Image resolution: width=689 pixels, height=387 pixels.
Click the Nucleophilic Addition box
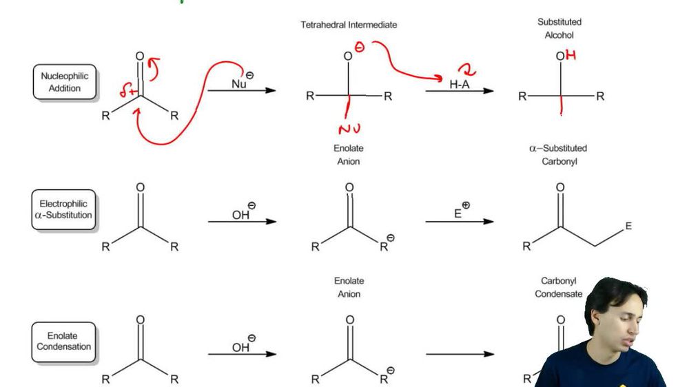tap(65, 83)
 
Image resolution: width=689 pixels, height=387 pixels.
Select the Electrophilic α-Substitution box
tap(65, 209)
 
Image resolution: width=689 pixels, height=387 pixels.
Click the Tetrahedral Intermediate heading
tap(349, 25)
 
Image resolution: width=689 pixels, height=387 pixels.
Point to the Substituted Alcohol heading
tap(559, 28)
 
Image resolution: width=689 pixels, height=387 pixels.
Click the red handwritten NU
tap(349, 129)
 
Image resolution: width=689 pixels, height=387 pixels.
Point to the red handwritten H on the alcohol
tap(570, 56)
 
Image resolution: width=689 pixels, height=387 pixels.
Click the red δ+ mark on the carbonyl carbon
tap(125, 89)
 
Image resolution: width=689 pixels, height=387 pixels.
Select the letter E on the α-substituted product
tap(628, 226)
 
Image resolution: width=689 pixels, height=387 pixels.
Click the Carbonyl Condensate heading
tap(559, 287)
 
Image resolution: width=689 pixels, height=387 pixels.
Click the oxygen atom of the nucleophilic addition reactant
tap(140, 56)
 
